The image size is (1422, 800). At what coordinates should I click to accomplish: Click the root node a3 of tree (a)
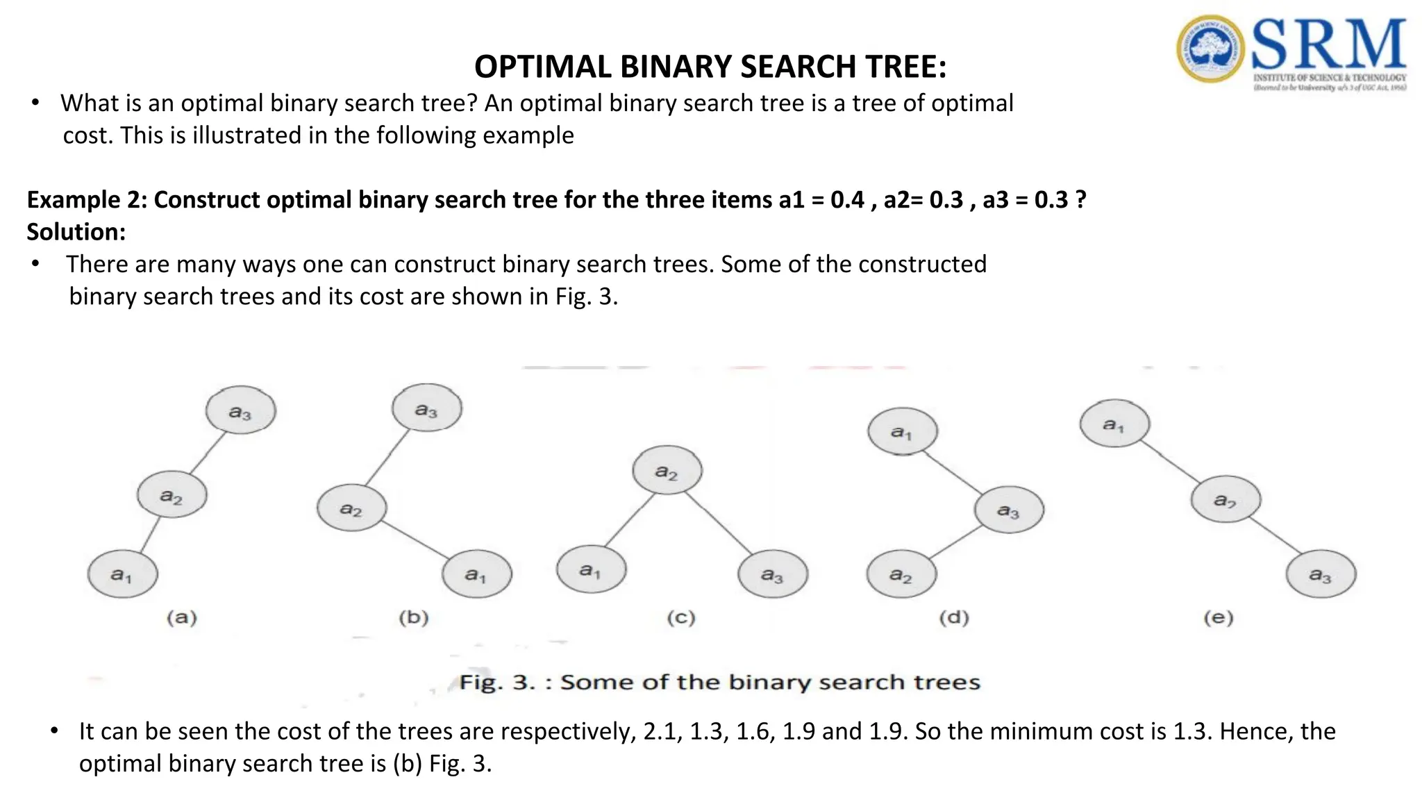[x=240, y=410]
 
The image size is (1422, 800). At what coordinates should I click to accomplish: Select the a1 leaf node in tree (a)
[x=123, y=574]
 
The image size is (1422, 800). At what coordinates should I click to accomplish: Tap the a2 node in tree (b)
[x=351, y=508]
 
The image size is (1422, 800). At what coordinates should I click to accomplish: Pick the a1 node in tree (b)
[x=477, y=574]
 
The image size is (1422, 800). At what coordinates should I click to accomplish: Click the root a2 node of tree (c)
[x=667, y=471]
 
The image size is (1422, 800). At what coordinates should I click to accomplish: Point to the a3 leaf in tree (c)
[x=773, y=574]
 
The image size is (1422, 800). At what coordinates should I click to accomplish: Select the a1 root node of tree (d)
[x=902, y=431]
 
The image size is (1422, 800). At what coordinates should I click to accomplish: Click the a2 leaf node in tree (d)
[x=901, y=574]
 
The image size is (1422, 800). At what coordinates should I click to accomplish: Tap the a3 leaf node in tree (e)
[x=1321, y=574]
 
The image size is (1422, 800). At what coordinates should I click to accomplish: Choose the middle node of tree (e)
[x=1226, y=499]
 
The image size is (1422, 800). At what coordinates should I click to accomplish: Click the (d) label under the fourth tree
[x=954, y=617]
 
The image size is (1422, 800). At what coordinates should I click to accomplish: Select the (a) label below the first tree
[x=182, y=617]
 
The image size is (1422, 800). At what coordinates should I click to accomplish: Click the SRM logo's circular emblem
[x=1210, y=49]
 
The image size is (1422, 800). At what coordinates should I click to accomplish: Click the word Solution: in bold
[x=76, y=232]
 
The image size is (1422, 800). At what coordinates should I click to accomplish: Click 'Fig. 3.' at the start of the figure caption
[x=497, y=682]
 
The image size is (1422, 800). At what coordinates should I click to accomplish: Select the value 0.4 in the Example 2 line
[x=847, y=200]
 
